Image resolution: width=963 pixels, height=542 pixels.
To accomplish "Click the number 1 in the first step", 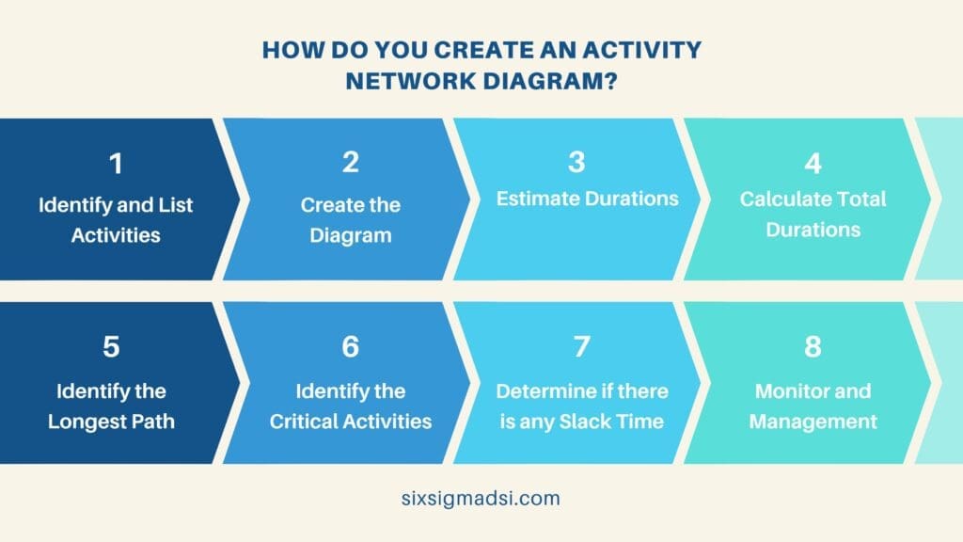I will pyautogui.click(x=116, y=165).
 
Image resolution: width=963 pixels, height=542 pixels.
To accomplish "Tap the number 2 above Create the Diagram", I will pyautogui.click(x=351, y=163).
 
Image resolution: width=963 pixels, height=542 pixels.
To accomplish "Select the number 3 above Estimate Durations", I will pyautogui.click(x=577, y=163).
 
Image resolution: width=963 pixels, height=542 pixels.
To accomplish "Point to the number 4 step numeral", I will pyautogui.click(x=813, y=163).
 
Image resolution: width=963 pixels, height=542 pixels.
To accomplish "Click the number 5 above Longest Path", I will pyautogui.click(x=111, y=347).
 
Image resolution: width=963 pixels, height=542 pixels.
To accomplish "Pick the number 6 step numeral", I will pyautogui.click(x=351, y=347).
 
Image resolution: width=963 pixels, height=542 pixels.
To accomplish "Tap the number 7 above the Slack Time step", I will pyautogui.click(x=581, y=347).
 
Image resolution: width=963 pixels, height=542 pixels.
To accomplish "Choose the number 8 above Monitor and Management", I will pyautogui.click(x=813, y=347).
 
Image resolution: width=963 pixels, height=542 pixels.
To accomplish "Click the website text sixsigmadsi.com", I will pyautogui.click(x=480, y=499).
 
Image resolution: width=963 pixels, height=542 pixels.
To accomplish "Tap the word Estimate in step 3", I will pyautogui.click(x=533, y=199).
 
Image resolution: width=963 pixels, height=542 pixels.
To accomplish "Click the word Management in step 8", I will pyautogui.click(x=813, y=421).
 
